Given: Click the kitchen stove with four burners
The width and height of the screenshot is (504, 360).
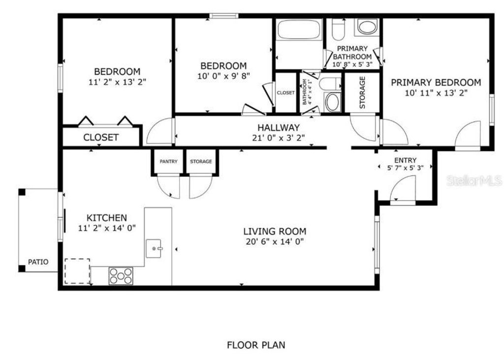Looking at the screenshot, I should pyautogui.click(x=121, y=276).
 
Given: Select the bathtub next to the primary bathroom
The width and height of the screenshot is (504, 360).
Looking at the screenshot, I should pyautogui.click(x=299, y=30).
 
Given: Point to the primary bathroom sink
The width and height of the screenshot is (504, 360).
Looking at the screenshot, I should pyautogui.click(x=367, y=27).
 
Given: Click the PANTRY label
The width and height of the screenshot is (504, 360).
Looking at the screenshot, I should pyautogui.click(x=168, y=161).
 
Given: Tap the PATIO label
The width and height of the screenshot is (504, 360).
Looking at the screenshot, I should pyautogui.click(x=38, y=262).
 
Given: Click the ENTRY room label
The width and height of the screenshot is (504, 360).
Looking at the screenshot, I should pyautogui.click(x=405, y=160).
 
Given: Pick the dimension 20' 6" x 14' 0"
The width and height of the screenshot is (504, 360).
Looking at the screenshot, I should pyautogui.click(x=275, y=241).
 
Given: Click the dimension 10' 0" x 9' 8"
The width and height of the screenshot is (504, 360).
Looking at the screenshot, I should pyautogui.click(x=223, y=76).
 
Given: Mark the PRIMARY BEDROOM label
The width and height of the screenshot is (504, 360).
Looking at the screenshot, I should pyautogui.click(x=436, y=83).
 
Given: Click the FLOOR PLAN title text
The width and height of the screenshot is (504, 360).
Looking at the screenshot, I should pyautogui.click(x=255, y=345).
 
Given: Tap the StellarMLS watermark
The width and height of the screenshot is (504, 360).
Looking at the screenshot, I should pyautogui.click(x=474, y=181).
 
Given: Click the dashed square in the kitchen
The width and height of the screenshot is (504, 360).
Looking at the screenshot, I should pyautogui.click(x=77, y=271).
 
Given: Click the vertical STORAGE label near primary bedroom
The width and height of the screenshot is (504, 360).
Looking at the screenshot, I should pyautogui.click(x=362, y=92).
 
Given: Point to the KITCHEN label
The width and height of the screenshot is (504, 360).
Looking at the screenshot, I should pyautogui.click(x=107, y=217).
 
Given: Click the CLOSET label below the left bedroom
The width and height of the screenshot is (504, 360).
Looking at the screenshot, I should pyautogui.click(x=100, y=137).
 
